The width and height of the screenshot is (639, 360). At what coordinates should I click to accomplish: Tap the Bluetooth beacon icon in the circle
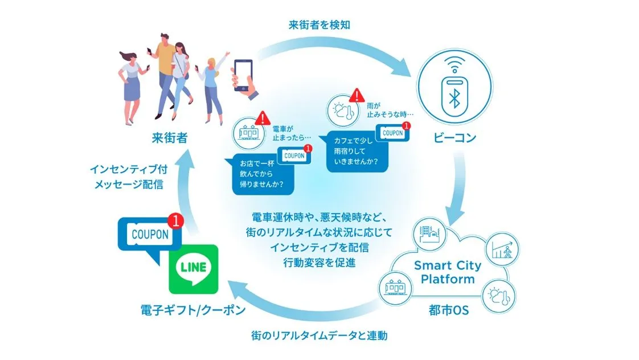(455, 93)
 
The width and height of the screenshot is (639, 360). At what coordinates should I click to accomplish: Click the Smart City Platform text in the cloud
(448, 272)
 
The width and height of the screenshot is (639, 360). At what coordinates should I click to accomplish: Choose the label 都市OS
(448, 311)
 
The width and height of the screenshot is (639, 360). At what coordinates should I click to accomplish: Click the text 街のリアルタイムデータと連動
(319, 336)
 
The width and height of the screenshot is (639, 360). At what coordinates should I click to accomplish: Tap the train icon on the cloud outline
(395, 287)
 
